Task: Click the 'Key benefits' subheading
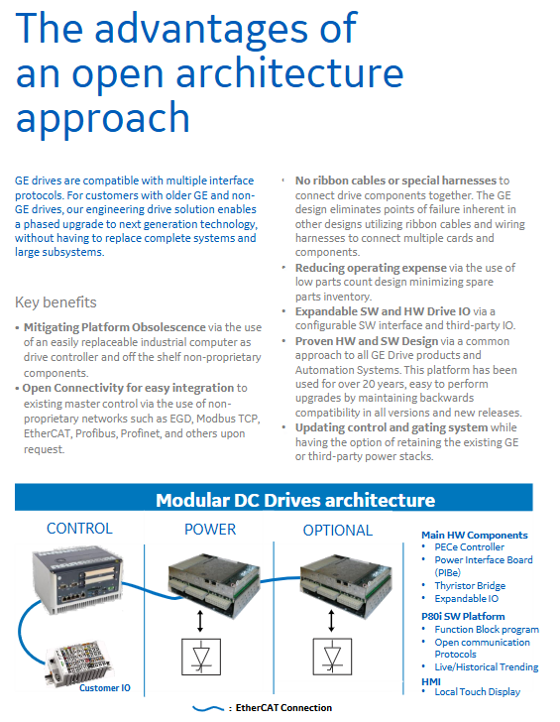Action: click(x=56, y=302)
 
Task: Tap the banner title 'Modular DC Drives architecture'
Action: click(x=295, y=500)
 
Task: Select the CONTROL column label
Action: click(x=79, y=529)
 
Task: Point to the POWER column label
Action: click(x=210, y=529)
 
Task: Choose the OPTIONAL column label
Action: click(x=338, y=530)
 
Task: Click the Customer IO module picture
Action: click(x=79, y=663)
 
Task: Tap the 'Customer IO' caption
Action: click(x=105, y=688)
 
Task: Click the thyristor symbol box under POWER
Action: click(x=201, y=657)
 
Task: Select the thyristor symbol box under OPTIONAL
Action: click(x=332, y=657)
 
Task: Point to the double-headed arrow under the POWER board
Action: click(x=199, y=621)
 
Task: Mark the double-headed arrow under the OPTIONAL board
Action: click(x=331, y=621)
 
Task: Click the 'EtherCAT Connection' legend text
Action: click(x=283, y=708)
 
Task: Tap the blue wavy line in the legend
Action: click(x=208, y=708)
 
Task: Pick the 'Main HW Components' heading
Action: click(x=475, y=536)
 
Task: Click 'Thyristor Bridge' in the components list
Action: click(x=470, y=586)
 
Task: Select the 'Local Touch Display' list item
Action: click(x=477, y=691)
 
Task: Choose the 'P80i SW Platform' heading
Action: click(x=463, y=616)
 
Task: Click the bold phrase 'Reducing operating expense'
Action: click(x=371, y=268)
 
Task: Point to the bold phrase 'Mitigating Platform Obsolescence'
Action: click(x=115, y=327)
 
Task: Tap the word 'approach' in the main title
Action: click(x=103, y=119)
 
